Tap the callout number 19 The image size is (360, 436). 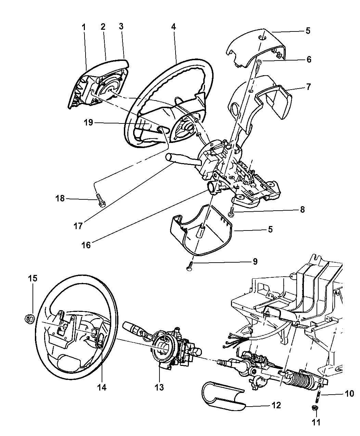[89, 122]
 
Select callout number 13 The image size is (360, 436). [159, 387]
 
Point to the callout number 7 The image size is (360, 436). [308, 87]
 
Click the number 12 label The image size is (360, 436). [276, 405]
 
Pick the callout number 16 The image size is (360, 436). [87, 245]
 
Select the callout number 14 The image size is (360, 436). [102, 387]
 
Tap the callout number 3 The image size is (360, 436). [121, 27]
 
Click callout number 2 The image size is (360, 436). [103, 27]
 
